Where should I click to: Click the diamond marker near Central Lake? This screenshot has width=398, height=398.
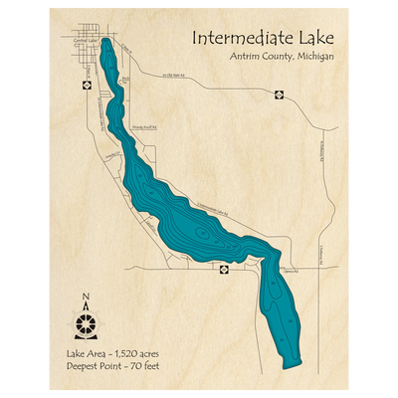click(x=88, y=85)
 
